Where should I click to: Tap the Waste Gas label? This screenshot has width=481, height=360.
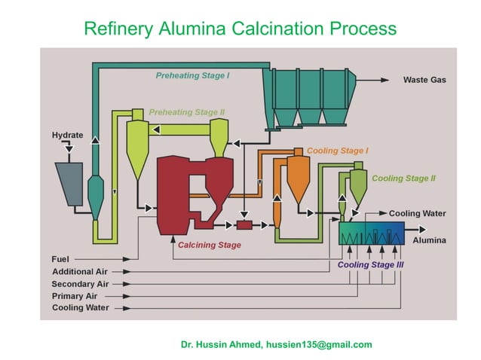424,80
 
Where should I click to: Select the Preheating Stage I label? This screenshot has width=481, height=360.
193,75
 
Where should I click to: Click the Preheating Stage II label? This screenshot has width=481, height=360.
187,112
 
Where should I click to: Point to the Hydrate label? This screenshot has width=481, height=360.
67,136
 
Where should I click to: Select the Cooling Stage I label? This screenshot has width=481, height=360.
337,151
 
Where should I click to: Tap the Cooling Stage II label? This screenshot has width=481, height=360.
403,178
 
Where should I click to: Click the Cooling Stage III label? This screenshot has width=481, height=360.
370,265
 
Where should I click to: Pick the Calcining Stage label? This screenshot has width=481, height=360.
210,245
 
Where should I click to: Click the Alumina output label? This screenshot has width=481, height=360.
429,240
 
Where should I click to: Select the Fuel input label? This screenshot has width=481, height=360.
60,259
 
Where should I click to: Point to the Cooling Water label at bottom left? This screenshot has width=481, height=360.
81,308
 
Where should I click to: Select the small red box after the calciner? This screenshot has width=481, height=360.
244,224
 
